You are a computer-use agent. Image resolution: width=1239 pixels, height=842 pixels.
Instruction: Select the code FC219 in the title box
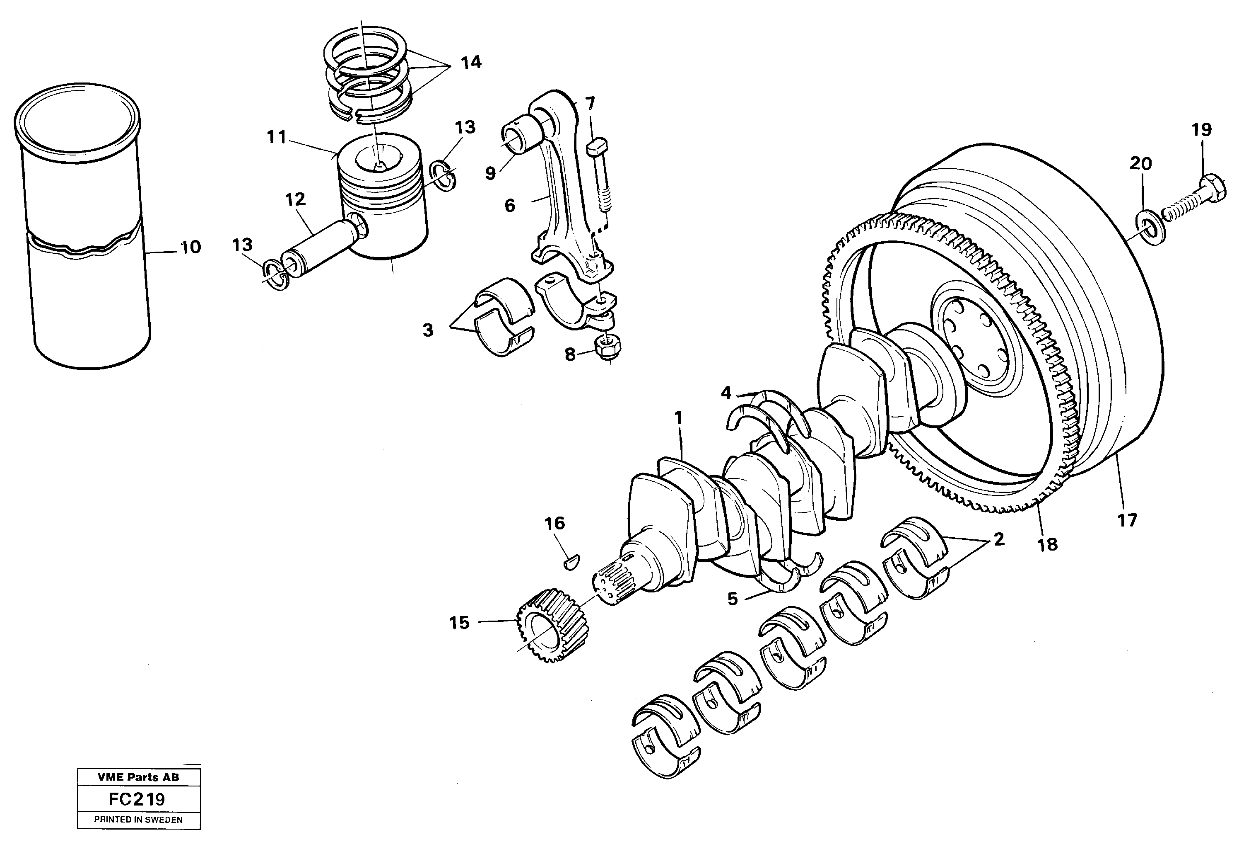138,799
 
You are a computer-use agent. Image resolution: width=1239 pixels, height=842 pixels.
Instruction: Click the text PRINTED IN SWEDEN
138,820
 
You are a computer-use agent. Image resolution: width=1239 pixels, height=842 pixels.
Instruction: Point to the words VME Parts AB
138,777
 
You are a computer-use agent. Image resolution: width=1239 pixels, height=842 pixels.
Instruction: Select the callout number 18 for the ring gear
1047,544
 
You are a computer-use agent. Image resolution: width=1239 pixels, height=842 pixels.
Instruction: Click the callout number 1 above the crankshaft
678,418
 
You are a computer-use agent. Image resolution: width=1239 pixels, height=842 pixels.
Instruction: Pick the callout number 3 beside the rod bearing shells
428,331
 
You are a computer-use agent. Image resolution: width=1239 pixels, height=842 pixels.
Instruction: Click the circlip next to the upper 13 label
443,177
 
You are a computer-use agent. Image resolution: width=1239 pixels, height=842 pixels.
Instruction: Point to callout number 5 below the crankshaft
733,599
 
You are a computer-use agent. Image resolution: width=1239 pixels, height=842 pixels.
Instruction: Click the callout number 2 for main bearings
998,539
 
